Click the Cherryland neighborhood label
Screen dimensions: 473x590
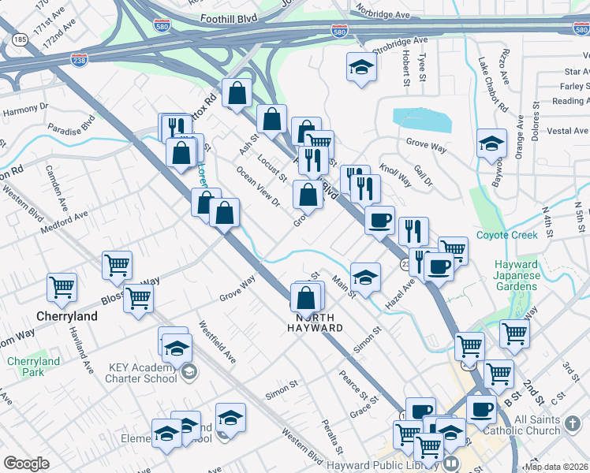(x=67, y=316)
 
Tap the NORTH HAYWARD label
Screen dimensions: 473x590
(x=319, y=322)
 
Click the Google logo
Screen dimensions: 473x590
(x=26, y=464)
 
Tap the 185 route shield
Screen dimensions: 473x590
(x=20, y=38)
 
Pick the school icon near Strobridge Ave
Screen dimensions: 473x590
(x=361, y=67)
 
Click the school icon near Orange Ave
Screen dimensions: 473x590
(x=491, y=143)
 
